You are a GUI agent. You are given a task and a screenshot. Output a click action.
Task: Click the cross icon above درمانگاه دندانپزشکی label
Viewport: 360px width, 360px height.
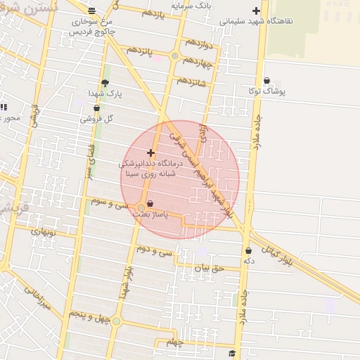[150, 153]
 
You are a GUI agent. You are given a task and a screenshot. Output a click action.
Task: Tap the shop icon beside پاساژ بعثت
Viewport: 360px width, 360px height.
[150, 203]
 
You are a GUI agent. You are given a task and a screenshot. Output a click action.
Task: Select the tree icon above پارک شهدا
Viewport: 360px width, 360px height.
[105, 83]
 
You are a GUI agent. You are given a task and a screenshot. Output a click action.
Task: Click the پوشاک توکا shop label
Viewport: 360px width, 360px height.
[266, 91]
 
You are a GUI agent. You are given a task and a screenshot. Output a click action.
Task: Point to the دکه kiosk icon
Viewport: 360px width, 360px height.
[248, 250]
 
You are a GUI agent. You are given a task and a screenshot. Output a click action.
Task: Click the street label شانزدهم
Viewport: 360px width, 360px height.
[191, 81]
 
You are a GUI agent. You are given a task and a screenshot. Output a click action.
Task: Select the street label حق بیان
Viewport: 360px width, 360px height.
[207, 267]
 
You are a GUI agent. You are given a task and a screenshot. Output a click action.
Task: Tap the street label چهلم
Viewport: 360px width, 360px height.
[174, 342]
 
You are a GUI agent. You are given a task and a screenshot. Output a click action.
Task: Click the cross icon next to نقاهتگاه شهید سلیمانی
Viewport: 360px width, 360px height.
[256, 11]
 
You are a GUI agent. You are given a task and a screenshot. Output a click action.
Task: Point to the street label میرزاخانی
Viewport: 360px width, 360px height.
[38, 298]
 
